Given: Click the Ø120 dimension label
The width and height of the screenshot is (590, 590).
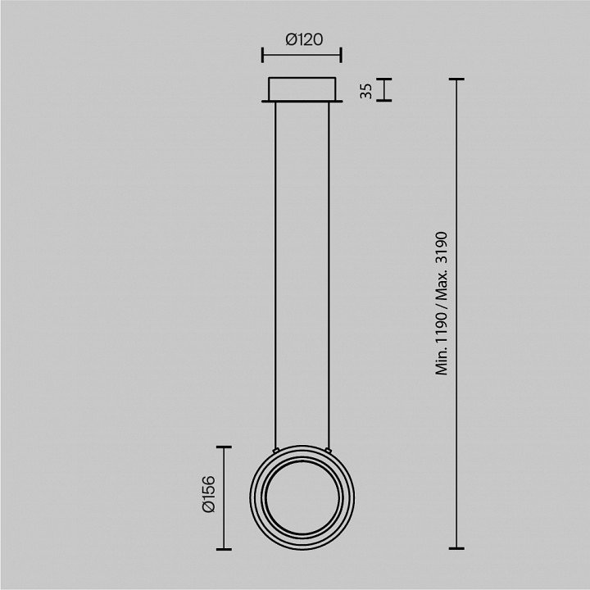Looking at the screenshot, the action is pyautogui.click(x=304, y=39).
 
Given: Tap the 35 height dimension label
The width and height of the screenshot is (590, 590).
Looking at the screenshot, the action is pyautogui.click(x=365, y=91).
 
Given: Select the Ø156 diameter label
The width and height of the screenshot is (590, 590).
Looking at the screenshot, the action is pyautogui.click(x=208, y=494).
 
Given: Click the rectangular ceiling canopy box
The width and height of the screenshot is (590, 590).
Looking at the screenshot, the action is pyautogui.click(x=302, y=89).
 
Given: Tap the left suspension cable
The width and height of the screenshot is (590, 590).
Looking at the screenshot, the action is pyautogui.click(x=275, y=275).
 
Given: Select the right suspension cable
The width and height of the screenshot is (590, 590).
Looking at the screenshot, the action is pyautogui.click(x=329, y=275).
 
